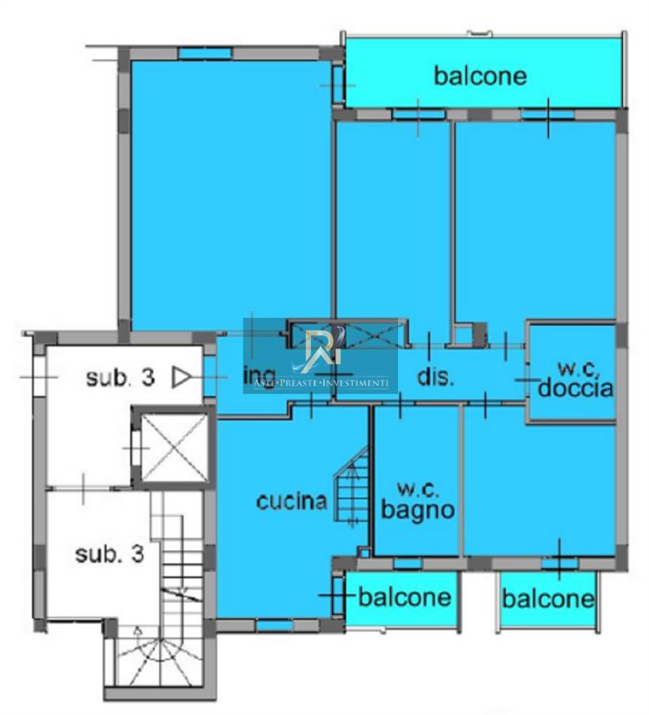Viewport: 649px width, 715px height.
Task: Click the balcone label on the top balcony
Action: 481,76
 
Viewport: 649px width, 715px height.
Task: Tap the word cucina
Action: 292,501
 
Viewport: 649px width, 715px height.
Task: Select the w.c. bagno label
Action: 418,502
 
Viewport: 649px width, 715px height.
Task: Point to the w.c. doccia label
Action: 575,380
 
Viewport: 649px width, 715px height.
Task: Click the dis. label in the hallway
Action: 436,377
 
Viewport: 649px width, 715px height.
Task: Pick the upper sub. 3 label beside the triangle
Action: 121,377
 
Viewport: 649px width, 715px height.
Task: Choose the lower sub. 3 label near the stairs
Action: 110,554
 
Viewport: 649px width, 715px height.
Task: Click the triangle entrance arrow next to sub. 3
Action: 181,377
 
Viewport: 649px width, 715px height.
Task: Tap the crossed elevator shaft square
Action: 174,447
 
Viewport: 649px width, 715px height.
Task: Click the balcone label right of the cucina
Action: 404,597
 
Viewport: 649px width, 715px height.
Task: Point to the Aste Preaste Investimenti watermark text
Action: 321,383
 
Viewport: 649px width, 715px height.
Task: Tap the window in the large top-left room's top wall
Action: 205,53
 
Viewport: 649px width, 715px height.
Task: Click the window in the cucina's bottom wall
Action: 275,625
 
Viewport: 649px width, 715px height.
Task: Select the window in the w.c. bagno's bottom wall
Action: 408,563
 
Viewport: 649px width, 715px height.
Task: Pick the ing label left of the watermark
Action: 260,377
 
